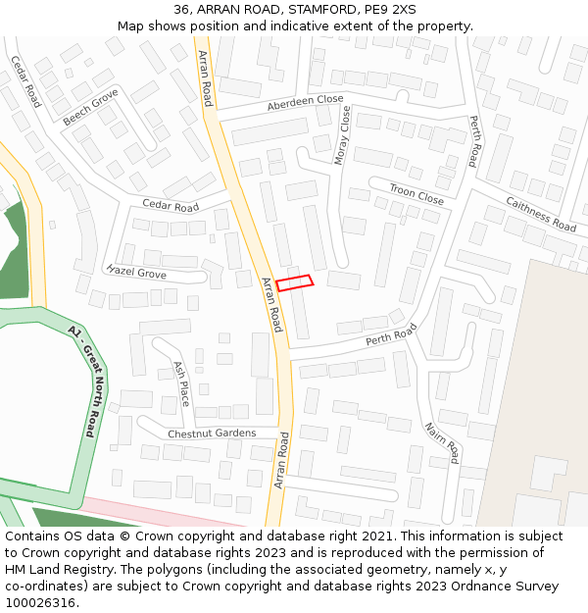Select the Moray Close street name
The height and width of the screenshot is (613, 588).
tap(343, 134)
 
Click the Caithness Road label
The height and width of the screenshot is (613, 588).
tap(540, 214)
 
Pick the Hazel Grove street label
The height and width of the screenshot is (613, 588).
tap(136, 273)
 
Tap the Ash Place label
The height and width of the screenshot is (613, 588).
tap(181, 383)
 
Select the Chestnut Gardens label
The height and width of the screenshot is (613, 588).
tap(212, 434)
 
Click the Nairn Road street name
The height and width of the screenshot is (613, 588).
tap(442, 443)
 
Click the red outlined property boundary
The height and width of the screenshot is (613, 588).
tap(294, 283)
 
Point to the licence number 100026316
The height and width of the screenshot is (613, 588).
tap(40, 603)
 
